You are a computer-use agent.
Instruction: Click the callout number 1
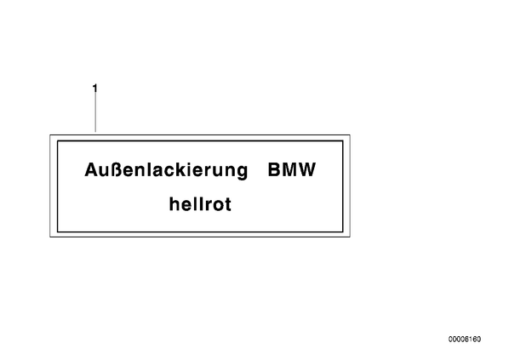point(94,88)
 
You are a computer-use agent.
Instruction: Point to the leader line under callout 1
point(95,112)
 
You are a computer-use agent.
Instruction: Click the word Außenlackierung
point(166,170)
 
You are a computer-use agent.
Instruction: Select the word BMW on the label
point(292,169)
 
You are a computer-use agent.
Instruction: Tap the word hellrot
point(200,204)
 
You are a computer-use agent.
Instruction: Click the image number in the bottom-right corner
point(465,340)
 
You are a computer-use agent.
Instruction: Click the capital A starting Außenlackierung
point(91,169)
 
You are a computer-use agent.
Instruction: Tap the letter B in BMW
point(274,169)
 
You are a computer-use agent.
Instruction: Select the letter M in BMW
point(290,169)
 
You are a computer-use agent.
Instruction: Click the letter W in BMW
point(307,169)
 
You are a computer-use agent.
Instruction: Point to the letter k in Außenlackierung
point(181,169)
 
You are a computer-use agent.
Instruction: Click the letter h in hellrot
point(174,204)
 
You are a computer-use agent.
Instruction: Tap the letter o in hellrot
point(219,206)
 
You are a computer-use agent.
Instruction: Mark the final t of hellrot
point(228,204)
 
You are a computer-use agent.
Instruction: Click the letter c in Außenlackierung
point(169,172)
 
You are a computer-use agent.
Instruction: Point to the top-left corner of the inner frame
point(58,140)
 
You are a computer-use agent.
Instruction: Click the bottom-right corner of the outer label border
point(350,237)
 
